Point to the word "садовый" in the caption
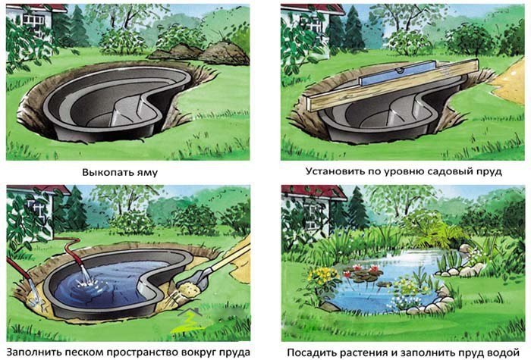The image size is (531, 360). click(x=454, y=171)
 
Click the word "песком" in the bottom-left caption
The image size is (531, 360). click(x=84, y=352)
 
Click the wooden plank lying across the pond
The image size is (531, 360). click(x=394, y=86)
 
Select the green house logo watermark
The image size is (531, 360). click(x=188, y=321)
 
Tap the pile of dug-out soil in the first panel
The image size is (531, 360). click(x=203, y=53)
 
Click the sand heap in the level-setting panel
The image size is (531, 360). click(x=510, y=83)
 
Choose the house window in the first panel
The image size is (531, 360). click(x=33, y=23)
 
